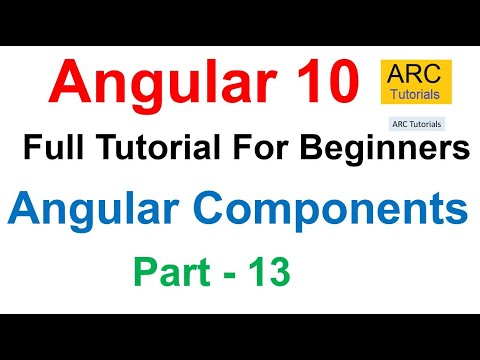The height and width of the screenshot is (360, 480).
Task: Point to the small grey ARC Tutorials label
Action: pos(414,125)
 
